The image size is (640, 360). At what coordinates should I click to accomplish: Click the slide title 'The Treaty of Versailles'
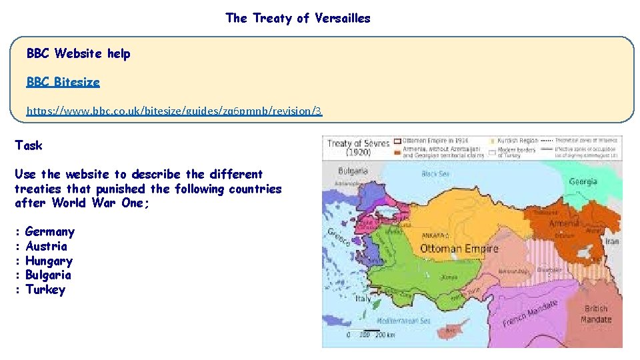(x=297, y=18)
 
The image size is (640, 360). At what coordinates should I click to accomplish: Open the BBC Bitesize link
(x=63, y=82)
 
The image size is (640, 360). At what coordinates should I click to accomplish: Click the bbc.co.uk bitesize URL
(x=174, y=111)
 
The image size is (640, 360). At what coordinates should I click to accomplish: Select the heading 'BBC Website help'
(x=78, y=53)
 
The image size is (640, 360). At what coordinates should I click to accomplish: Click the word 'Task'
(x=28, y=145)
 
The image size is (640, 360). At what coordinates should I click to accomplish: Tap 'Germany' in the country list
(x=49, y=232)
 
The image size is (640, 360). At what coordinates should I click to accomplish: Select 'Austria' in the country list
(x=46, y=247)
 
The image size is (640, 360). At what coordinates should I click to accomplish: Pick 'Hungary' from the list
(x=49, y=261)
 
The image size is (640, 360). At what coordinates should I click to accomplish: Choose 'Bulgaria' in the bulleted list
(x=48, y=275)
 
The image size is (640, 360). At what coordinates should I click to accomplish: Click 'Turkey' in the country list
(x=45, y=290)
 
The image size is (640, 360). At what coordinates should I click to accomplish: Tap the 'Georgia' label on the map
(x=583, y=181)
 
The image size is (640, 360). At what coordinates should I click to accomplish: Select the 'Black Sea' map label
(x=435, y=174)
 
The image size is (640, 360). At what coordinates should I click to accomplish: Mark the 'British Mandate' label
(x=596, y=314)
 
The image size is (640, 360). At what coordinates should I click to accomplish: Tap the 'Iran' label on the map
(x=611, y=241)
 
